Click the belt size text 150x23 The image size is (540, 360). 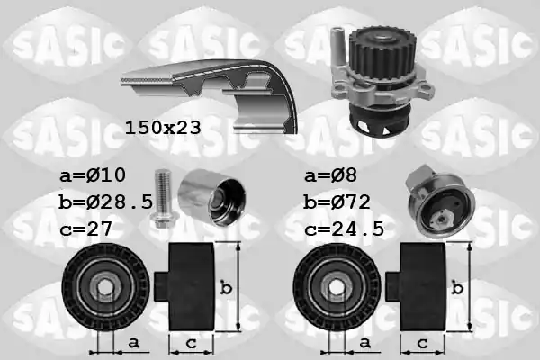(x=163, y=128)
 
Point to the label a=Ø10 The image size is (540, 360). (x=93, y=175)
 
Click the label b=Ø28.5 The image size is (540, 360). (x=105, y=202)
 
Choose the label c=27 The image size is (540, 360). (x=86, y=229)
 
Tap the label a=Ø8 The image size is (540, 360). (x=330, y=175)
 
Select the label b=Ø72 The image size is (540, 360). (x=337, y=202)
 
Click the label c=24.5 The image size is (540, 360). (x=344, y=229)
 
